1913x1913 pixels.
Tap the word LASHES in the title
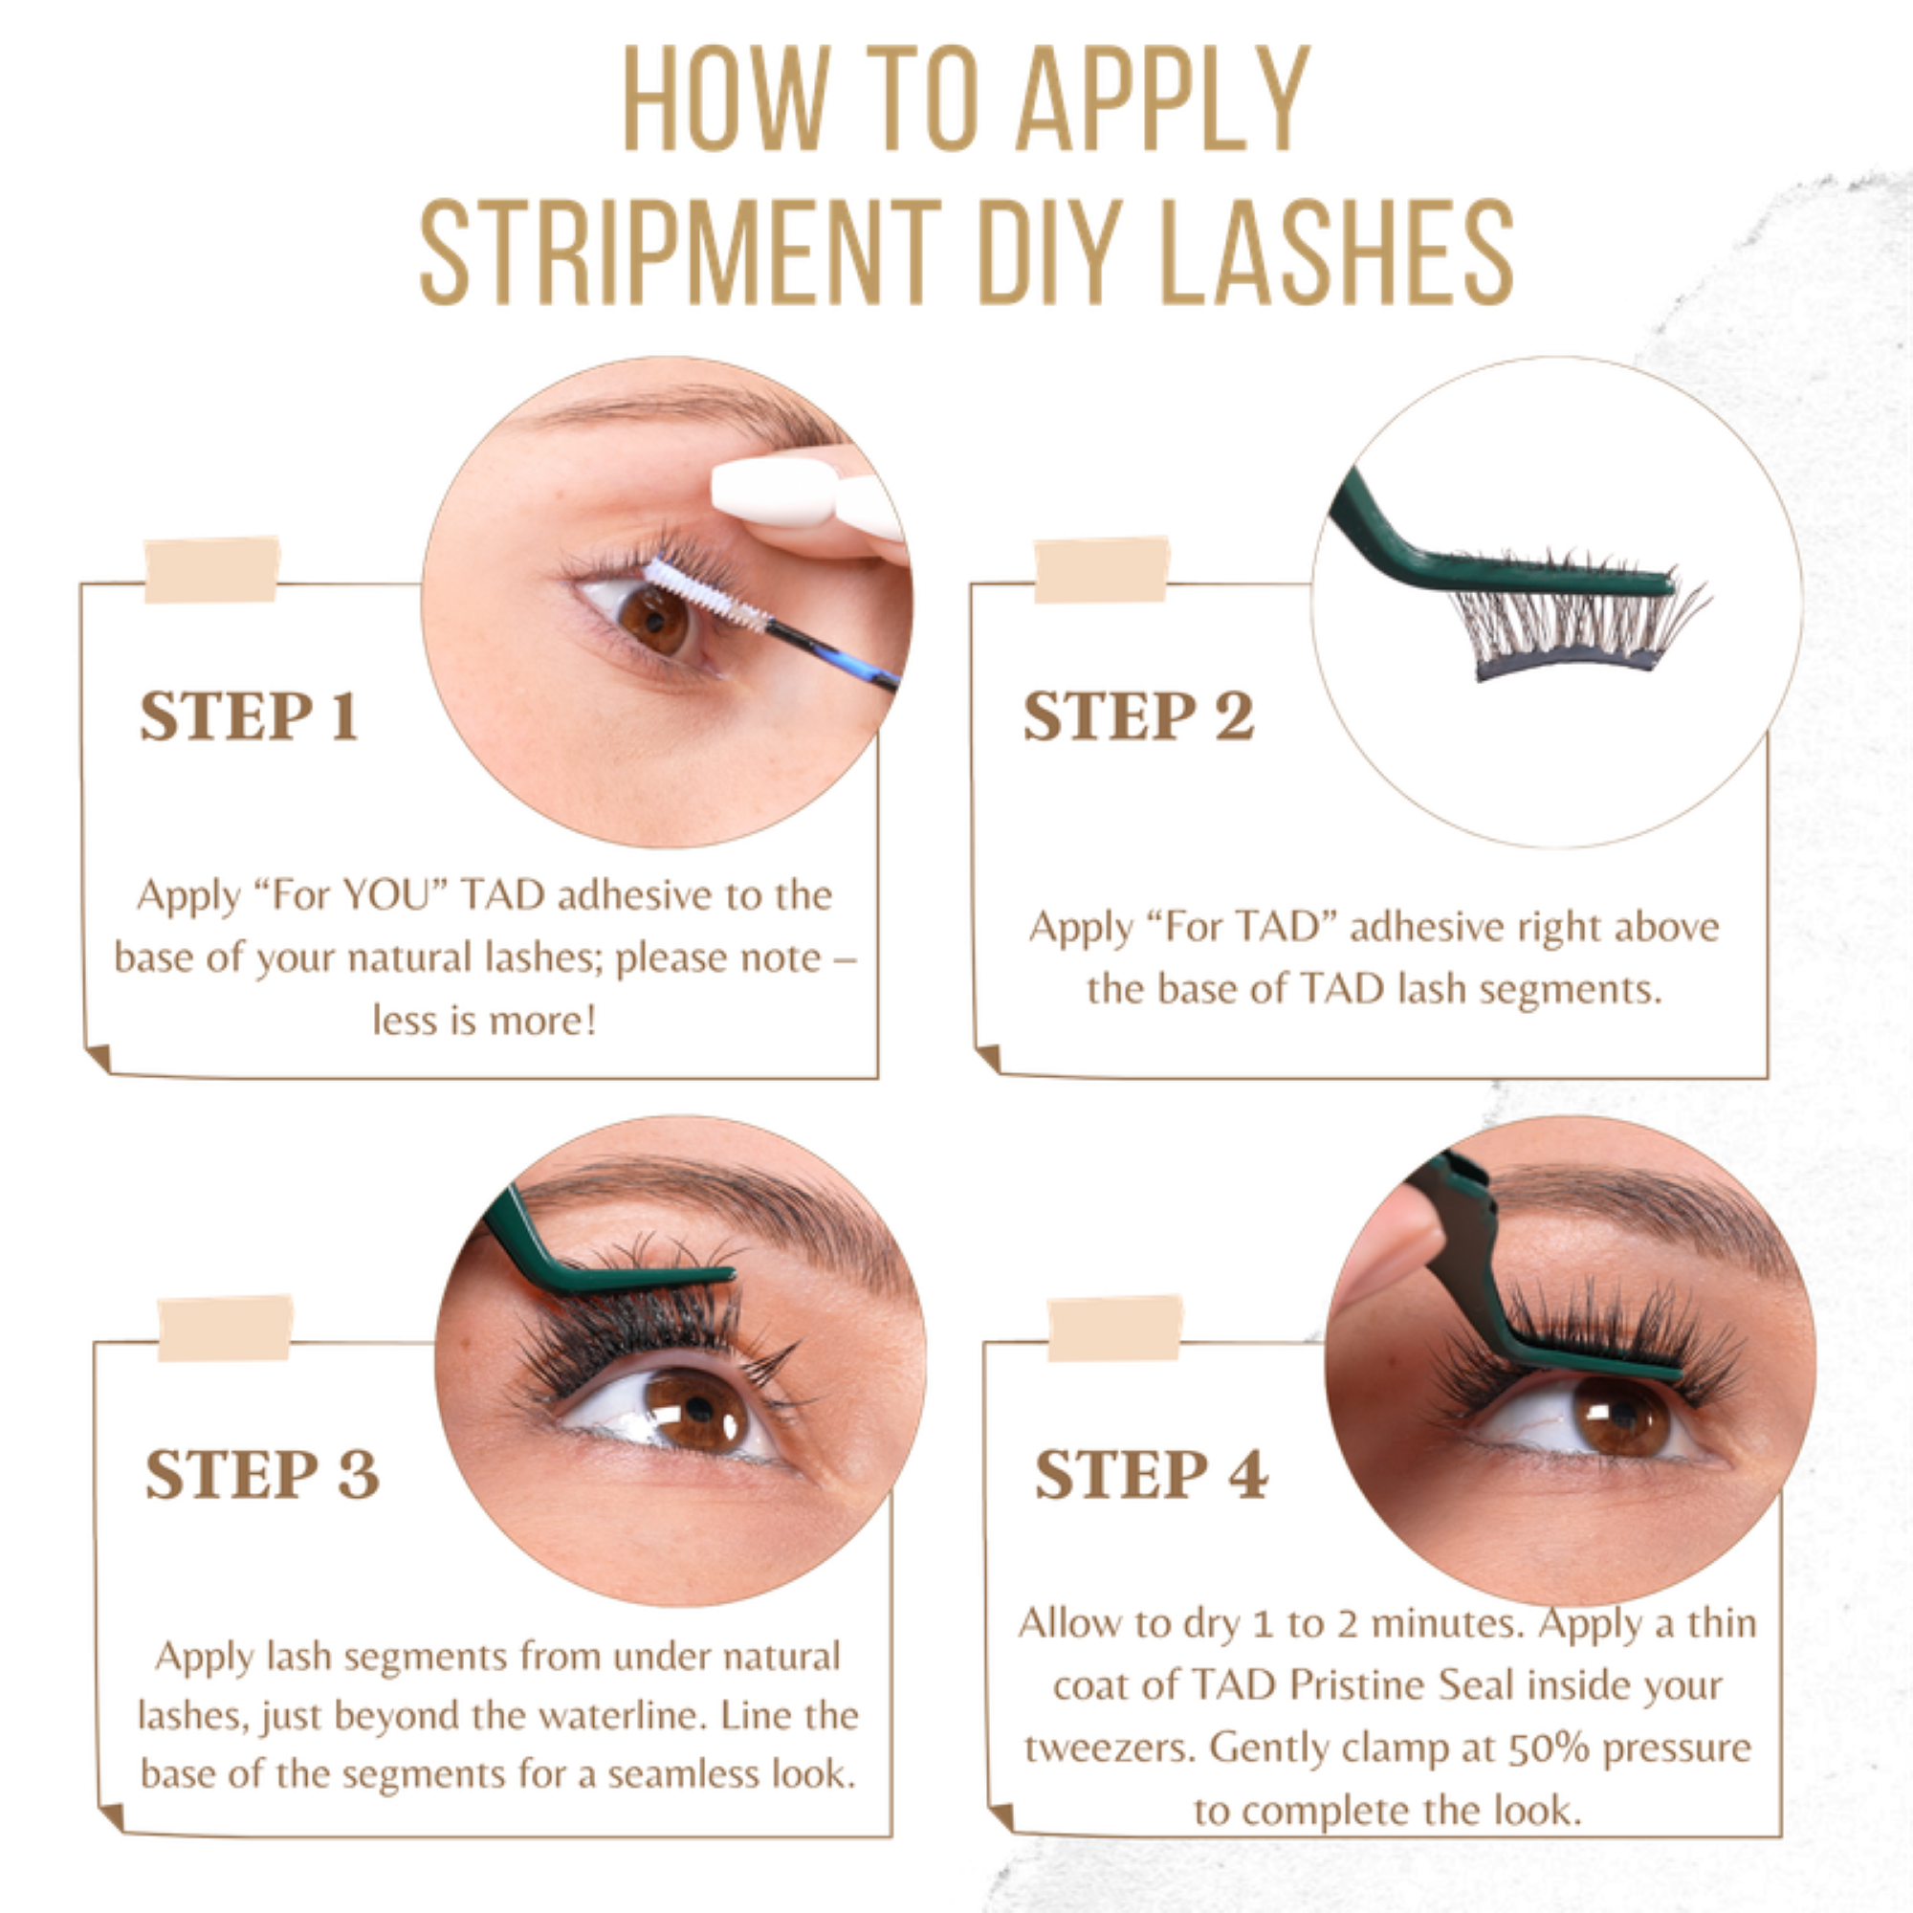pyautogui.click(x=1337, y=252)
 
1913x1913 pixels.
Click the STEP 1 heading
pyautogui.click(x=249, y=715)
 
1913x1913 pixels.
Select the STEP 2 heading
pyautogui.click(x=1138, y=715)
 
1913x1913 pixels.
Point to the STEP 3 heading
pyautogui.click(x=262, y=1474)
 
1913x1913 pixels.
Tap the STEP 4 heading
pyautogui.click(x=1151, y=1474)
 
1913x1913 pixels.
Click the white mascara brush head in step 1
pyautogui.click(x=706, y=594)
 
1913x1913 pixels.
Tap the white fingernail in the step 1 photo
pyautogui.click(x=776, y=492)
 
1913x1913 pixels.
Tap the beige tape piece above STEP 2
pyautogui.click(x=1101, y=569)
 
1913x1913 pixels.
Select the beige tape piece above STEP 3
pyautogui.click(x=225, y=1328)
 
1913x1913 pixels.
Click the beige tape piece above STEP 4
pyautogui.click(x=1115, y=1328)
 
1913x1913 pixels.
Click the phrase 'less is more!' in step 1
pyautogui.click(x=484, y=1021)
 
